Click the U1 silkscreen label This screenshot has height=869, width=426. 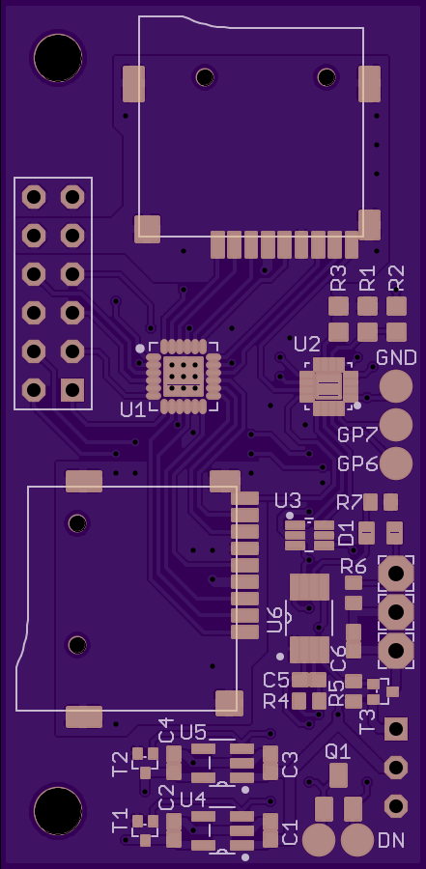pos(132,410)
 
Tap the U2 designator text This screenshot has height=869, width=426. pos(307,345)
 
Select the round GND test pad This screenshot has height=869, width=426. pos(396,385)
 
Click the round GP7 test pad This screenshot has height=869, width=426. pos(396,425)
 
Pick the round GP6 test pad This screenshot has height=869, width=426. pos(396,463)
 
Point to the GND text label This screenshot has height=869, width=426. pos(397,357)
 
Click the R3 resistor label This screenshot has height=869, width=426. pos(338,278)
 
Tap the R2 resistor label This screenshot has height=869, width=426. pos(396,278)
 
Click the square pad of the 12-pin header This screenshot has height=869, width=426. pos(72,390)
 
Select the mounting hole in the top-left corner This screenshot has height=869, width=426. pos(58,58)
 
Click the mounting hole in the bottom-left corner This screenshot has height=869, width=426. pos(58,810)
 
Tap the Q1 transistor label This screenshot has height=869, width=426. pos(338,752)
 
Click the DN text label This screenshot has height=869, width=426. pos(391,841)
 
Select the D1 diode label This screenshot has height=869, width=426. pos(346,533)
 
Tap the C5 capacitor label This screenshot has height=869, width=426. pos(276,680)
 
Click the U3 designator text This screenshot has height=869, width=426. pos(288,501)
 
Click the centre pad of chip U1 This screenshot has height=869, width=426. pos(183,377)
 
